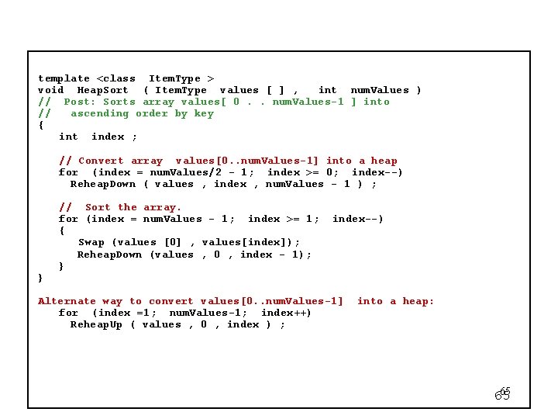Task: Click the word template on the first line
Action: point(64,78)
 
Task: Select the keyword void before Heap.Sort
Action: point(51,90)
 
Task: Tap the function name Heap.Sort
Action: point(102,90)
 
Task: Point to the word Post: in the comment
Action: point(80,102)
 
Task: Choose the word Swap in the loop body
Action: point(91,242)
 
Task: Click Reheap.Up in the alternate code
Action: point(96,324)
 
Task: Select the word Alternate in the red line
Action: point(67,301)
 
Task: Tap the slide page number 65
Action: point(503,394)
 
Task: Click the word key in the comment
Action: point(204,113)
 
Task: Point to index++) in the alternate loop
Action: point(286,313)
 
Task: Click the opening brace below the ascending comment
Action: point(41,125)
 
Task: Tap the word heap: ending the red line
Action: point(418,301)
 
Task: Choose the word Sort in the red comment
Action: point(98,207)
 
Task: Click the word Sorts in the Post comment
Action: point(119,102)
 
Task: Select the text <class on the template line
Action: point(115,78)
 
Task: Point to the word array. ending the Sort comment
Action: point(162,207)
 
